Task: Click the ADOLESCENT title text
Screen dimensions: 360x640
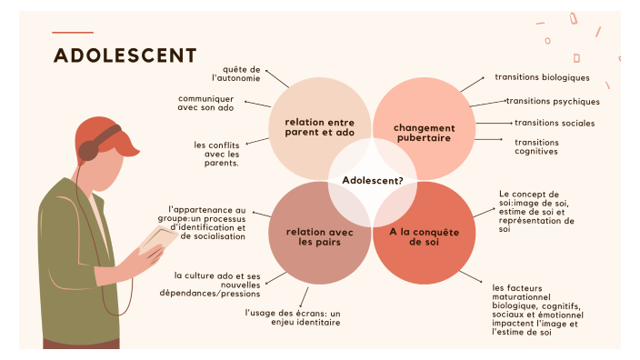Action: point(125,55)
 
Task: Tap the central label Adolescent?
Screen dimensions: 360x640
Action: point(373,180)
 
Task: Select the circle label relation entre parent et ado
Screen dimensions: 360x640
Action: point(320,127)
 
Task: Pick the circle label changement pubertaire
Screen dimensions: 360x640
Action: point(424,133)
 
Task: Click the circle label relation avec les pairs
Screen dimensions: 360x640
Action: point(319,236)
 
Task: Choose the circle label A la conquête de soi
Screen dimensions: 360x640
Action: point(425,236)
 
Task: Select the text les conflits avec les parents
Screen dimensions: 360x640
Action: point(216,153)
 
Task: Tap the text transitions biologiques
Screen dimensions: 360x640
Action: point(542,78)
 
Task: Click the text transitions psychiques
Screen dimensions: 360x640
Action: point(553,101)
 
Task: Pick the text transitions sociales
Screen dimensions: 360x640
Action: point(555,123)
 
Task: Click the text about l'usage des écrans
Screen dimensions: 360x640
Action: point(292,316)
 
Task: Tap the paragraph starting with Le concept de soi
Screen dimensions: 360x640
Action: point(536,212)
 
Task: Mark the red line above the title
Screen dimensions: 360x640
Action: point(73,33)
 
